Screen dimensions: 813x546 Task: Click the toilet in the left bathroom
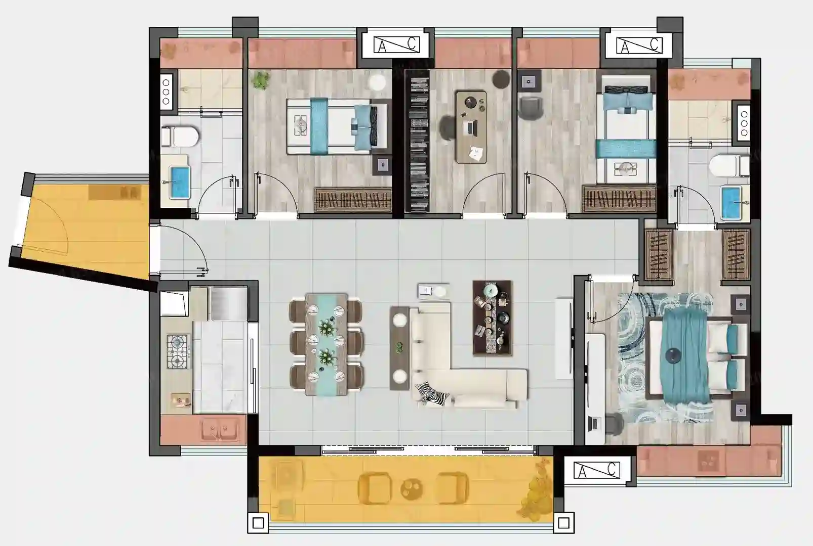tap(180, 136)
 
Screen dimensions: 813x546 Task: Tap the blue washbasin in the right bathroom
tap(731, 203)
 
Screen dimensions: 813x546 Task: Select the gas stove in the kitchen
tap(178, 351)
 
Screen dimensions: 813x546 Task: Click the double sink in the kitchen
tap(220, 431)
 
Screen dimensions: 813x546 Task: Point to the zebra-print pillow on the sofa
tap(432, 393)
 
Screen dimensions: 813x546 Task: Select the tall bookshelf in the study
tap(417, 140)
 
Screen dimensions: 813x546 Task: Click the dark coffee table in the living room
tap(492, 317)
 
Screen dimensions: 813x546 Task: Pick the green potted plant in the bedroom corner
tap(261, 80)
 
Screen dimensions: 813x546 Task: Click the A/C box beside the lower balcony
tap(596, 470)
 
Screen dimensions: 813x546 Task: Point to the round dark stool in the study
tap(501, 79)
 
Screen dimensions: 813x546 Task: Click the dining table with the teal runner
tap(326, 344)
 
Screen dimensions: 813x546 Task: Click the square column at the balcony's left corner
tap(258, 523)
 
